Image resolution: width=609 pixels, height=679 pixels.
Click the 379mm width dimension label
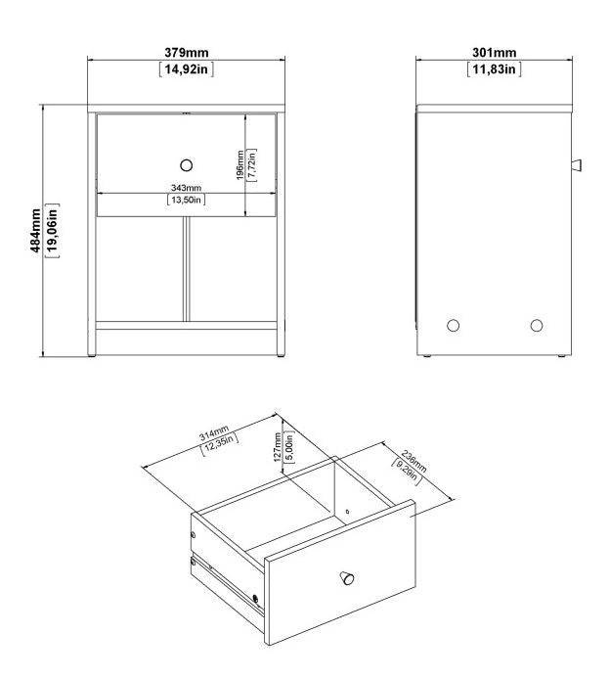186,52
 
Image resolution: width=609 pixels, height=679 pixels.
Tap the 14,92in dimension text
186,68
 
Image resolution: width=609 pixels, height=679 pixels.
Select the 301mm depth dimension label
494,52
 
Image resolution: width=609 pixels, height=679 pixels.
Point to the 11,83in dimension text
494,68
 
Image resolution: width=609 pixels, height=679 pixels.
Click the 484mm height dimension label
35,231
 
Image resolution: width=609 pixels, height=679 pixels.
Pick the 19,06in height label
52,231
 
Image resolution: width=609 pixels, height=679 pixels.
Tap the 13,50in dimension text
186,200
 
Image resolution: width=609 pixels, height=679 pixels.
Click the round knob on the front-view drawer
187,163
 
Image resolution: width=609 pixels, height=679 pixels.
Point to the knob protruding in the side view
576,162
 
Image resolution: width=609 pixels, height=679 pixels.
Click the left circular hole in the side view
452,325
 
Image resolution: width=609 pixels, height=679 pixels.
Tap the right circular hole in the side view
536,325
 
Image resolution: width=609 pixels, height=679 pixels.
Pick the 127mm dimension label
279,448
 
